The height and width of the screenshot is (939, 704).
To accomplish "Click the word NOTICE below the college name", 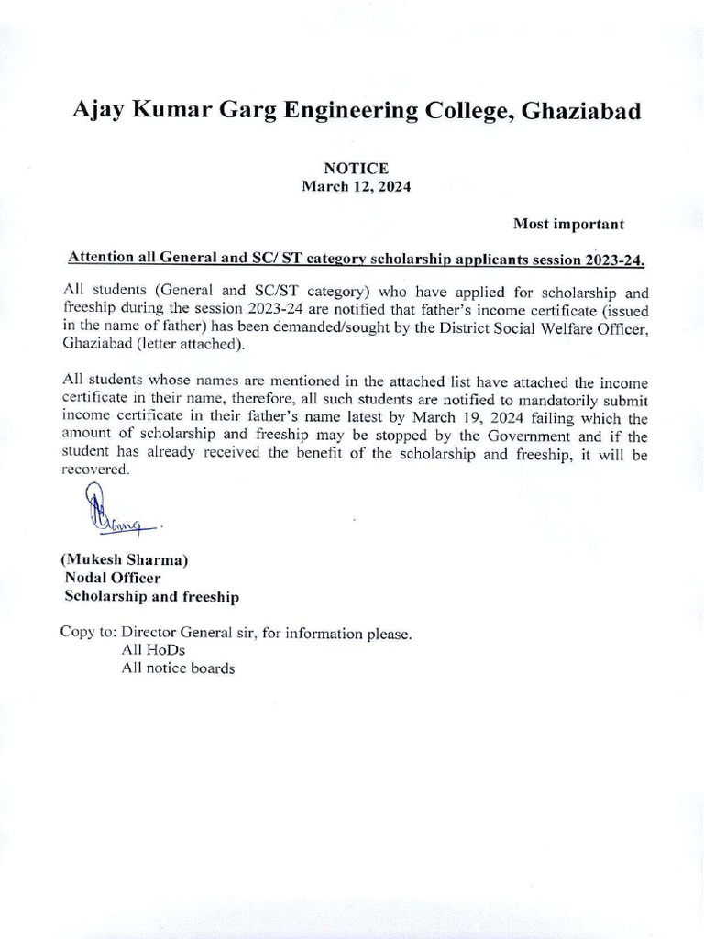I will [x=356, y=169].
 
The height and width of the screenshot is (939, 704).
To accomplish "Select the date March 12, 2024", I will [x=356, y=186].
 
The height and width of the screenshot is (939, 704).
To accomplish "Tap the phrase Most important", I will [x=568, y=224].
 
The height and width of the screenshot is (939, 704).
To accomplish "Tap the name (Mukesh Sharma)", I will [x=125, y=559].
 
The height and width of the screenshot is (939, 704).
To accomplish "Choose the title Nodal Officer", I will [x=112, y=579].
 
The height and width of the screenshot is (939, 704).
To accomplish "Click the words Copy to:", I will [x=89, y=633].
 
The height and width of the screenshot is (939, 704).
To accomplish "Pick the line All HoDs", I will [x=153, y=650].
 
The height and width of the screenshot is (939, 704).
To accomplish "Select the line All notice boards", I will [x=178, y=668].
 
